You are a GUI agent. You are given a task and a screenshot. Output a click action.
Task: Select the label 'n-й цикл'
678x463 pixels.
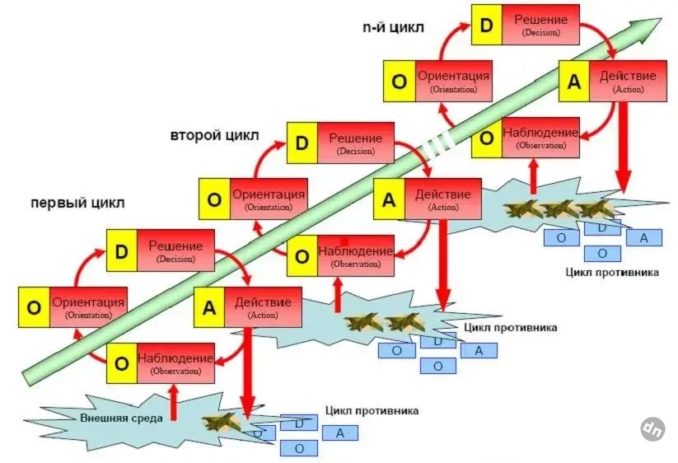[394, 28]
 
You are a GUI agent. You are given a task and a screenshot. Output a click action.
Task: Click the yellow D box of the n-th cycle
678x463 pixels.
[487, 25]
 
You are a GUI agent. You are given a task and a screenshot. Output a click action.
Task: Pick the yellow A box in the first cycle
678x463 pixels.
[209, 307]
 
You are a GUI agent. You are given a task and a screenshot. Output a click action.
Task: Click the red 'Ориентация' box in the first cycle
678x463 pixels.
[88, 307]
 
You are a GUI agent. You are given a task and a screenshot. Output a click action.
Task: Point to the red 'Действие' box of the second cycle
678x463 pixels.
[443, 200]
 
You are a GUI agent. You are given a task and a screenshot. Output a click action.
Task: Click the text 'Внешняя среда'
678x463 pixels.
[122, 418]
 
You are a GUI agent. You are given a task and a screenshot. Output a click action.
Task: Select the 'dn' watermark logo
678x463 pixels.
[653, 428]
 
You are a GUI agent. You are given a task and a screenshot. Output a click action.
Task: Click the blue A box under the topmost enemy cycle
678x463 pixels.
[643, 238]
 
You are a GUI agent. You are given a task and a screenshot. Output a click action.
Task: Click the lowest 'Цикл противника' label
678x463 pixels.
[372, 409]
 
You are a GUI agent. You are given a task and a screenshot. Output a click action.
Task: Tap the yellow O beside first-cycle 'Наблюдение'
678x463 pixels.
[122, 363]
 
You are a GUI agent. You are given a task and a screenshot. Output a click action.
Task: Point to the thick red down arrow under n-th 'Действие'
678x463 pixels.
[623, 157]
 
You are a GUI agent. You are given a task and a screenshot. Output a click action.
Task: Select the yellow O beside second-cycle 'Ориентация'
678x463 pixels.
[214, 200]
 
